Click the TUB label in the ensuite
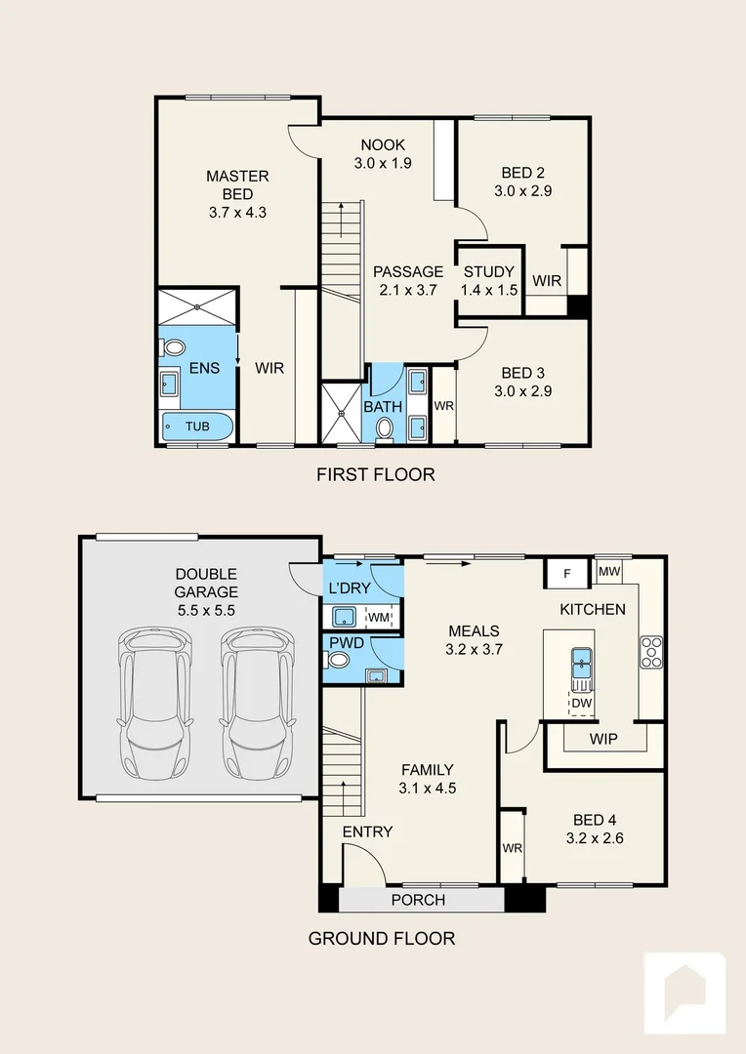pos(197,426)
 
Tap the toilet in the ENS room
pos(174,347)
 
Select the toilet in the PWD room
pos(339,660)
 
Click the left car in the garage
pos(153,703)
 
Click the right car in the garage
pos(257,703)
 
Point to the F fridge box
pos(567,573)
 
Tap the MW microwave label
pos(609,571)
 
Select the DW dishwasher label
pos(582,703)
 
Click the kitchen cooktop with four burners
pos(651,651)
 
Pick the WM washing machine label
pos(378,617)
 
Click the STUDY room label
pos(488,272)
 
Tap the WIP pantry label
pos(602,739)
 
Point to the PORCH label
pos(418,900)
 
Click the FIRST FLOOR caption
pos(375,475)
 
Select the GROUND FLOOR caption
pos(381,939)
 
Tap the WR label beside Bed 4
pos(512,848)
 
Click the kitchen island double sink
pos(581,663)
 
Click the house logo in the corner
pos(684,993)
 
